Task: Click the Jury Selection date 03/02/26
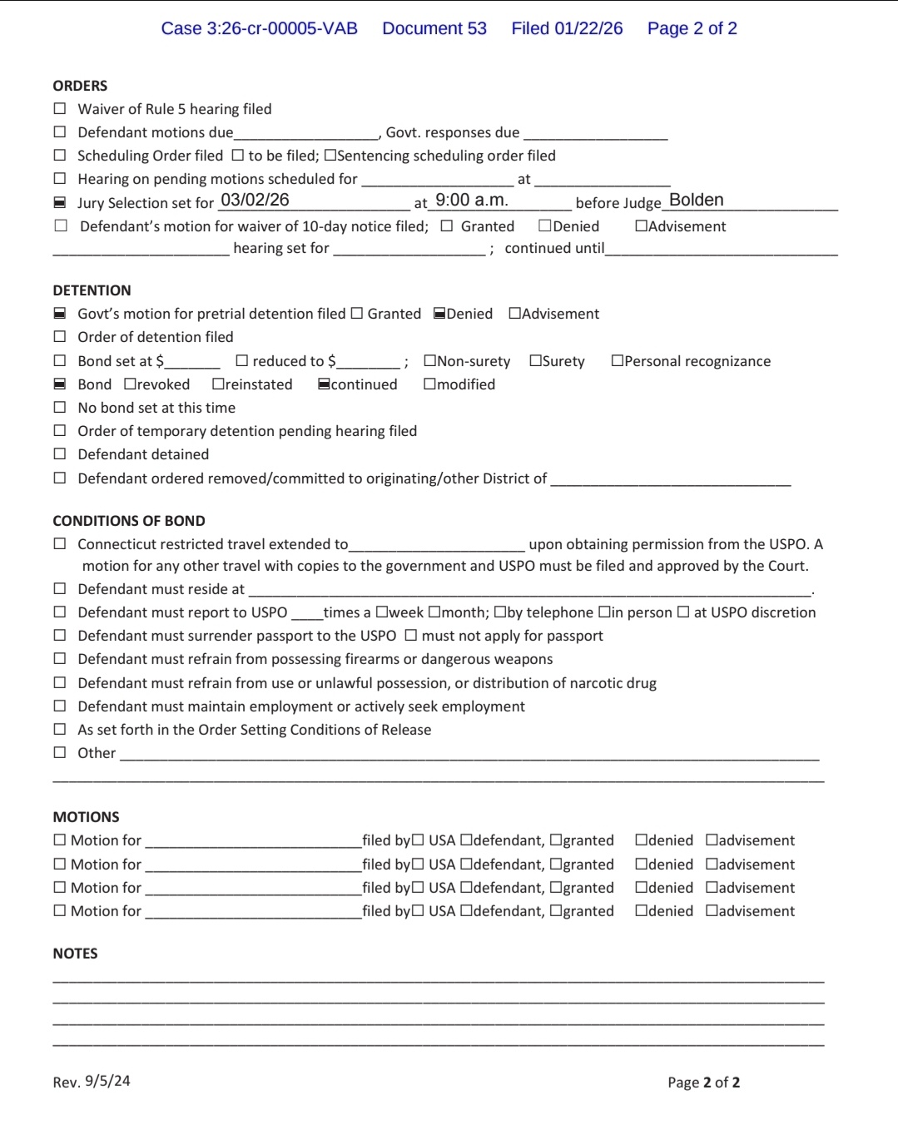tap(255, 201)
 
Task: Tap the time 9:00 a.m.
tap(471, 201)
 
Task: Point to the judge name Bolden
tap(696, 201)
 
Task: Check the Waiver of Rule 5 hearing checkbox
tap(60, 109)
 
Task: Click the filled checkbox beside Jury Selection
tap(60, 203)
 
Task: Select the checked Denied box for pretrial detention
tap(439, 314)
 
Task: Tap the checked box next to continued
tap(324, 384)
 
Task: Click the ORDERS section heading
tap(80, 86)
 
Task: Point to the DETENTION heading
tap(92, 290)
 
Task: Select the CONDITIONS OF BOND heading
tap(129, 521)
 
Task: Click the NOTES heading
tap(75, 954)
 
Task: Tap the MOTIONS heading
tap(86, 817)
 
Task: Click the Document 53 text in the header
tap(434, 28)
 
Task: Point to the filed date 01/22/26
tap(588, 28)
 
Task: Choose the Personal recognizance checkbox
tap(617, 361)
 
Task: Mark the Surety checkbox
tap(535, 361)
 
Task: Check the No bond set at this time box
tap(60, 408)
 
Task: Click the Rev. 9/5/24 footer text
tap(92, 1082)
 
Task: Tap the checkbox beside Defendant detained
tap(60, 454)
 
